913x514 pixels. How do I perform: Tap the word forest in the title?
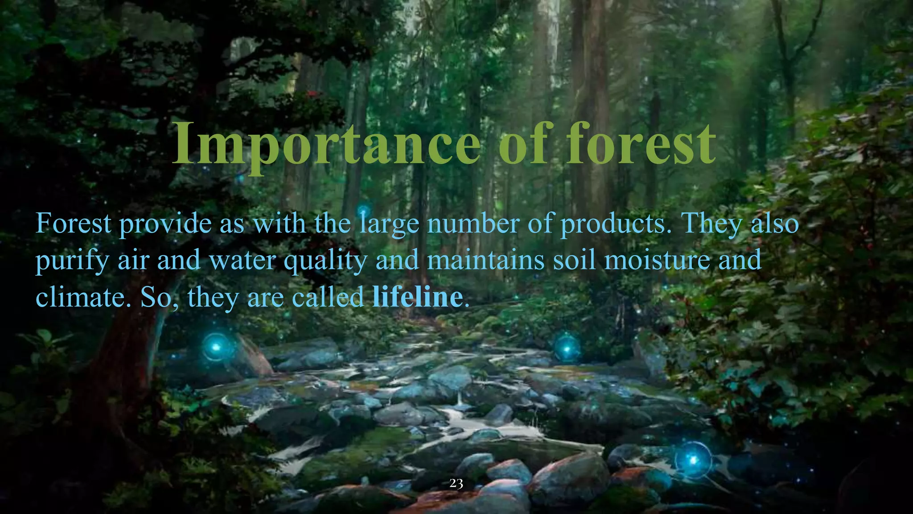point(641,143)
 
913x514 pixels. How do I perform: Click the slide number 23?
point(456,483)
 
